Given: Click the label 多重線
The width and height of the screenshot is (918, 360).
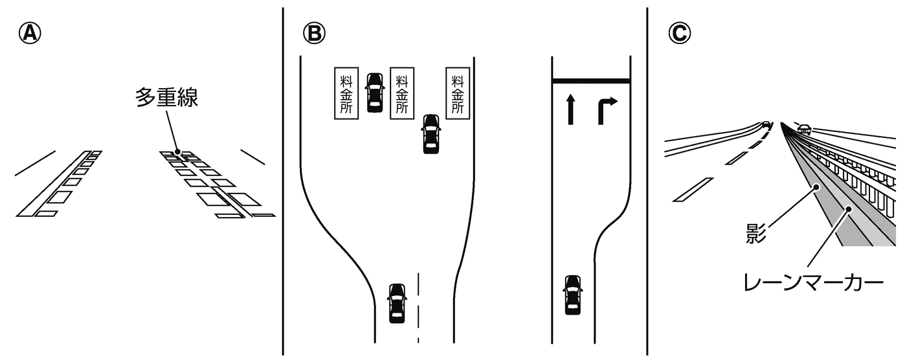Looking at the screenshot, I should (166, 98).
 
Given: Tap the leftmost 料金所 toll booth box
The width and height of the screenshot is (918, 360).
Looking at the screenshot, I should (346, 93).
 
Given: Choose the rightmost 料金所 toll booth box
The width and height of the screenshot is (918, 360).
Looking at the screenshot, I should (458, 93).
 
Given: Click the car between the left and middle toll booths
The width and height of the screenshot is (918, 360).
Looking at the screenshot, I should (374, 93).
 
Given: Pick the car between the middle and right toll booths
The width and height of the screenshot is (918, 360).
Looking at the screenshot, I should (431, 134).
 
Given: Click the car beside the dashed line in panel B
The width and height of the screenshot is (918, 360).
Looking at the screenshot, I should (396, 303).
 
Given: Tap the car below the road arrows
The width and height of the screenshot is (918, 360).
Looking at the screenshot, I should (572, 295).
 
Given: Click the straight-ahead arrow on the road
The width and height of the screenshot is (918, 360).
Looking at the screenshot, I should (570, 109).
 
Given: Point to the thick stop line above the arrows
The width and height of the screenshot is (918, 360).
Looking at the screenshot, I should (590, 81).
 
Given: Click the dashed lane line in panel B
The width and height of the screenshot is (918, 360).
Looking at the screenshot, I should (418, 308).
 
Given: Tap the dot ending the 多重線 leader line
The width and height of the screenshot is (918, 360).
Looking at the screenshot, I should (178, 152).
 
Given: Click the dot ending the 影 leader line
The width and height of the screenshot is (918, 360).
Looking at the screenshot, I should (817, 187).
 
